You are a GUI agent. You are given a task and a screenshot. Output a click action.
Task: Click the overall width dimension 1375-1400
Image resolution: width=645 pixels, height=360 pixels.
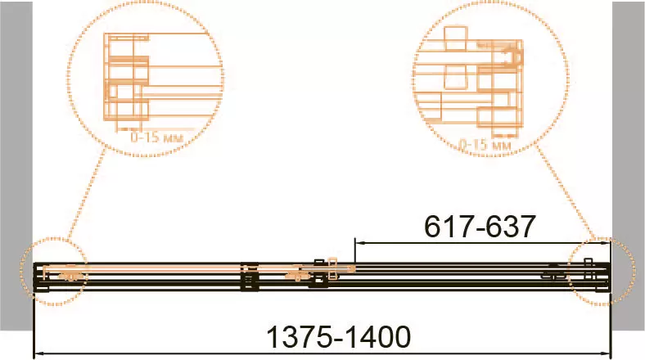[x=339, y=336]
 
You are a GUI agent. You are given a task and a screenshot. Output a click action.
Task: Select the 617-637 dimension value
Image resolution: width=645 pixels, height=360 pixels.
[x=480, y=227]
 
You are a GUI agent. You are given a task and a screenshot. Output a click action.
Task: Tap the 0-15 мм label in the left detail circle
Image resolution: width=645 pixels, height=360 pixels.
[x=155, y=137]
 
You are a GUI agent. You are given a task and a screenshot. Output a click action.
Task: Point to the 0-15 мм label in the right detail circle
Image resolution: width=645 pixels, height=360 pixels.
[x=485, y=145]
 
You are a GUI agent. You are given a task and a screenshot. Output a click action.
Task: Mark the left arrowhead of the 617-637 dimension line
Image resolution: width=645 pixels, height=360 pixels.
[x=359, y=242]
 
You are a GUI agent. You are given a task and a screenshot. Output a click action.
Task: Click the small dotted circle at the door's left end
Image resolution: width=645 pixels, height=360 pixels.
[x=53, y=272]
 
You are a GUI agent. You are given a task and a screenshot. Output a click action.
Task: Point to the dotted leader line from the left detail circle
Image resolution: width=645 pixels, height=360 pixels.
[x=86, y=196]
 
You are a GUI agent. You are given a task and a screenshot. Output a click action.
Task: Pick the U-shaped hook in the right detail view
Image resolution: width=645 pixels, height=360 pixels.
[x=516, y=56]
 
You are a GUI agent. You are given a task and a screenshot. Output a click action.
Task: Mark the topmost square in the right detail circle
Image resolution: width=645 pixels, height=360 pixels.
[x=455, y=38]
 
